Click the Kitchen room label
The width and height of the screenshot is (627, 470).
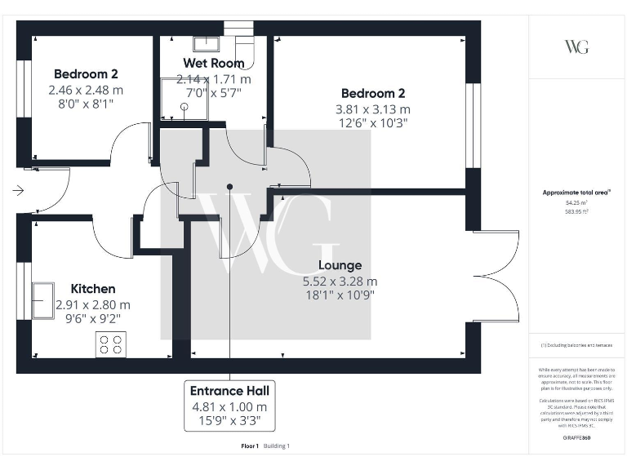(92, 289)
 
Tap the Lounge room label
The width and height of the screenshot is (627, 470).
(340, 265)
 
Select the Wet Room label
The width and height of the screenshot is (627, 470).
(213, 63)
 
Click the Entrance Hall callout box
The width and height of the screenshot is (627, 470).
(229, 406)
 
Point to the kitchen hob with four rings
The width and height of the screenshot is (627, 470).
(111, 345)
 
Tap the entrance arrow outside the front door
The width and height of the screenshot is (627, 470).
(19, 191)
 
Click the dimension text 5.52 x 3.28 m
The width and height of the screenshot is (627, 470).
(340, 281)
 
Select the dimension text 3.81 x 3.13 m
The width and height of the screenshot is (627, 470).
(372, 109)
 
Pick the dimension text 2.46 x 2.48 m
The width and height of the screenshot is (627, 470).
(86, 90)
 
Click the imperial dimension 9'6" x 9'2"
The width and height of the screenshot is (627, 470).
(92, 319)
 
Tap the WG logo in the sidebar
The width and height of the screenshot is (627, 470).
(576, 47)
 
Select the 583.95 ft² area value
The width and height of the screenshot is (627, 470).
(576, 211)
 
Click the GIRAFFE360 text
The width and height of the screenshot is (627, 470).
(576, 438)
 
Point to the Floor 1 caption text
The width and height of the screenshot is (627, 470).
(250, 446)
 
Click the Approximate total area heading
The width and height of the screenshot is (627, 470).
(576, 193)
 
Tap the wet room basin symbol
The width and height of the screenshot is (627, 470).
(206, 43)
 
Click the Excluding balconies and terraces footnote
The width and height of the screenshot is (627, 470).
(576, 346)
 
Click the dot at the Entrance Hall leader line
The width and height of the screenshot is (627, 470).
(229, 187)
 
